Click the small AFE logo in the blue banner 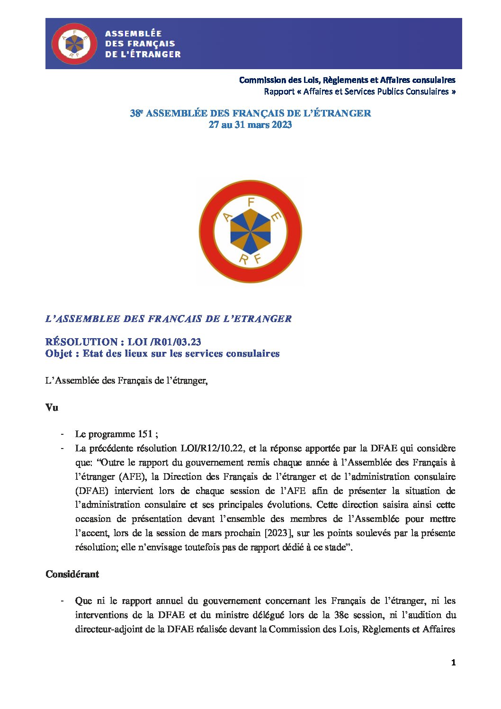pos(73,44)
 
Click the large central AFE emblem pos(250,231)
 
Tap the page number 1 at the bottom pos(453,663)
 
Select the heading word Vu pos(52,407)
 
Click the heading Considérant pos(72,574)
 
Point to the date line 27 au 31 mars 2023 pos(250,125)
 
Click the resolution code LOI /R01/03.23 pos(164,341)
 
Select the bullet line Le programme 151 pos(116,434)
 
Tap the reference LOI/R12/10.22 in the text pos(213,448)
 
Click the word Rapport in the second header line pos(279,91)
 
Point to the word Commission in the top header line pos(261,80)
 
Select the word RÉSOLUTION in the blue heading pos(81,341)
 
